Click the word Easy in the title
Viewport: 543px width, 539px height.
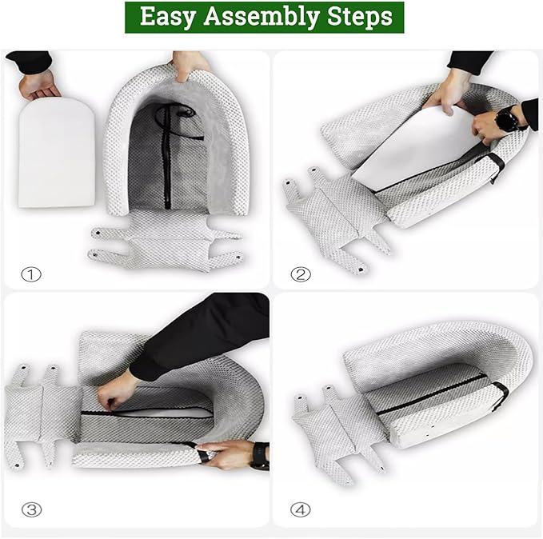[x=168, y=18]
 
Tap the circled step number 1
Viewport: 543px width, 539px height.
[x=31, y=274]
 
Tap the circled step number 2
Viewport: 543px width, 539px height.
[x=301, y=274]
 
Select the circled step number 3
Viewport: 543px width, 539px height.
[x=31, y=510]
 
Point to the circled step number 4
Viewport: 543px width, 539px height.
[x=300, y=510]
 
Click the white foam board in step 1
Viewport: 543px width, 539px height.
[x=57, y=153]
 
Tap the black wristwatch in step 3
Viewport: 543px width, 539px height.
[x=260, y=456]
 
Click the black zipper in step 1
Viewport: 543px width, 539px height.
[x=168, y=157]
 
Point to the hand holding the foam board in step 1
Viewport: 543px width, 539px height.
[x=38, y=85]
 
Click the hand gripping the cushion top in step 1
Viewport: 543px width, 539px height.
[x=189, y=65]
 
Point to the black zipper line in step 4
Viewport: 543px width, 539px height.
[x=431, y=395]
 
